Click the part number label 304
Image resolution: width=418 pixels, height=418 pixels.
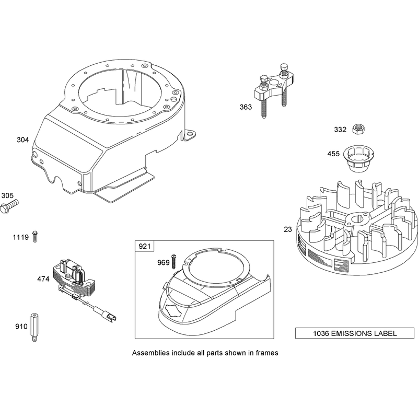[x=22, y=140]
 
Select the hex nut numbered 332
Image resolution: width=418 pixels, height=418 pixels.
[x=358, y=129]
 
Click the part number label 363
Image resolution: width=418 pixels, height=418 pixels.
[x=246, y=107]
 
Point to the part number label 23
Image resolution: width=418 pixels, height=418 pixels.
[x=288, y=229]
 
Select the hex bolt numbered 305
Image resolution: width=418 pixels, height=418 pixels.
[x=9, y=206]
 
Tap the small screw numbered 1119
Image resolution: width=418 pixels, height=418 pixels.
[x=35, y=237]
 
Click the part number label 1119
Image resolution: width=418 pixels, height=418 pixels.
[x=20, y=237]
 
